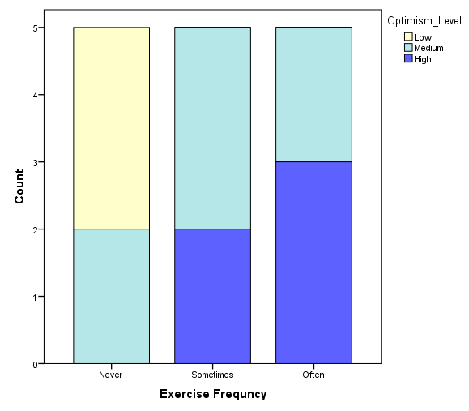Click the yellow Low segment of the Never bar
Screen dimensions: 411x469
tap(111, 128)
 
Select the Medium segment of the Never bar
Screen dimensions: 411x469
tap(111, 296)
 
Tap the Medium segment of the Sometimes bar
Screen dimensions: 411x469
tap(212, 128)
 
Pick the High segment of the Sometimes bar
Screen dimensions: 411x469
tap(212, 296)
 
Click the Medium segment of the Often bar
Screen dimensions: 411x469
tap(313, 94)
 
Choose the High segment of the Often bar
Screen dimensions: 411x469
tap(313, 263)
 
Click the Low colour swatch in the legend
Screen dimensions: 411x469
tap(408, 36)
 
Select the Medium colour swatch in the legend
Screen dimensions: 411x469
tap(408, 48)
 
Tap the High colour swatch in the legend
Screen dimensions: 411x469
tap(408, 59)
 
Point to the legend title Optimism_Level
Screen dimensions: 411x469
tap(424, 20)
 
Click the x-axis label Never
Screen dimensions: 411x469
tap(111, 375)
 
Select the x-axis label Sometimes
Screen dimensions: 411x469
tap(212, 375)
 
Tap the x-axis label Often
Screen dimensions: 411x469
tap(313, 375)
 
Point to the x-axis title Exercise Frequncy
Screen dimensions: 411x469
tap(213, 395)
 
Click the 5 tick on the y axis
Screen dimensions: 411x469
tap(36, 28)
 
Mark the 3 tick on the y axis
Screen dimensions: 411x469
tap(36, 162)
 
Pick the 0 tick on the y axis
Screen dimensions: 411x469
tap(36, 364)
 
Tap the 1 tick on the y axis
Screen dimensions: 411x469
tap(36, 297)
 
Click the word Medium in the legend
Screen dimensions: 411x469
tap(428, 48)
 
